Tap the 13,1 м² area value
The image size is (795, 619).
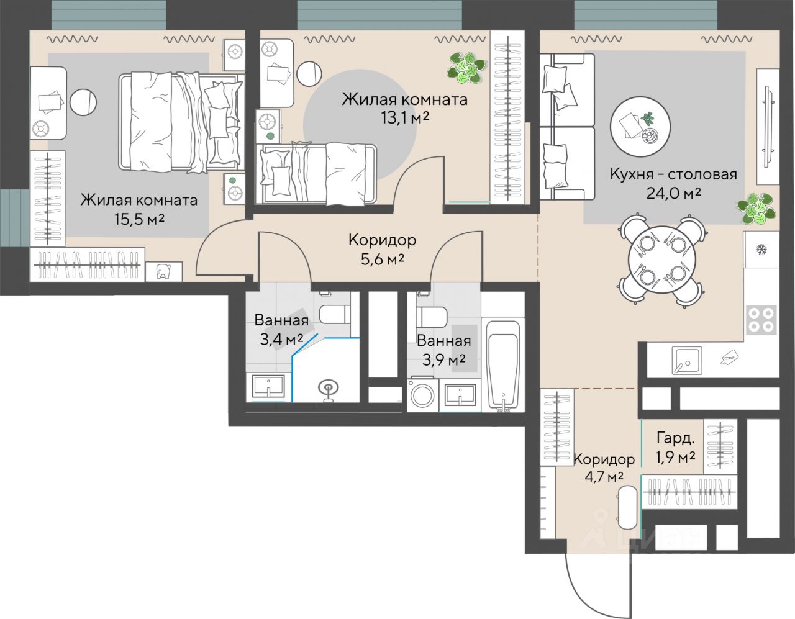(x=405, y=118)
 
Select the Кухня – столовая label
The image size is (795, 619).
(x=673, y=174)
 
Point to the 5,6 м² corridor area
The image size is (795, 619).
(x=382, y=260)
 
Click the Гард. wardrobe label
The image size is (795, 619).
(x=675, y=438)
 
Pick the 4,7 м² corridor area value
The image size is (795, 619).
(x=604, y=477)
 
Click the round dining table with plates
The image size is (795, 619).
(x=661, y=260)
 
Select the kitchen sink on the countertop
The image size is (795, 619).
(x=687, y=361)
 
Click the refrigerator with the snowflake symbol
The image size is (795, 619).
(x=761, y=250)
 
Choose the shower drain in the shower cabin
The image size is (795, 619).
(x=328, y=387)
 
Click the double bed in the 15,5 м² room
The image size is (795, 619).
(x=181, y=122)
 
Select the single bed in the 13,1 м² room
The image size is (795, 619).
(x=316, y=174)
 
